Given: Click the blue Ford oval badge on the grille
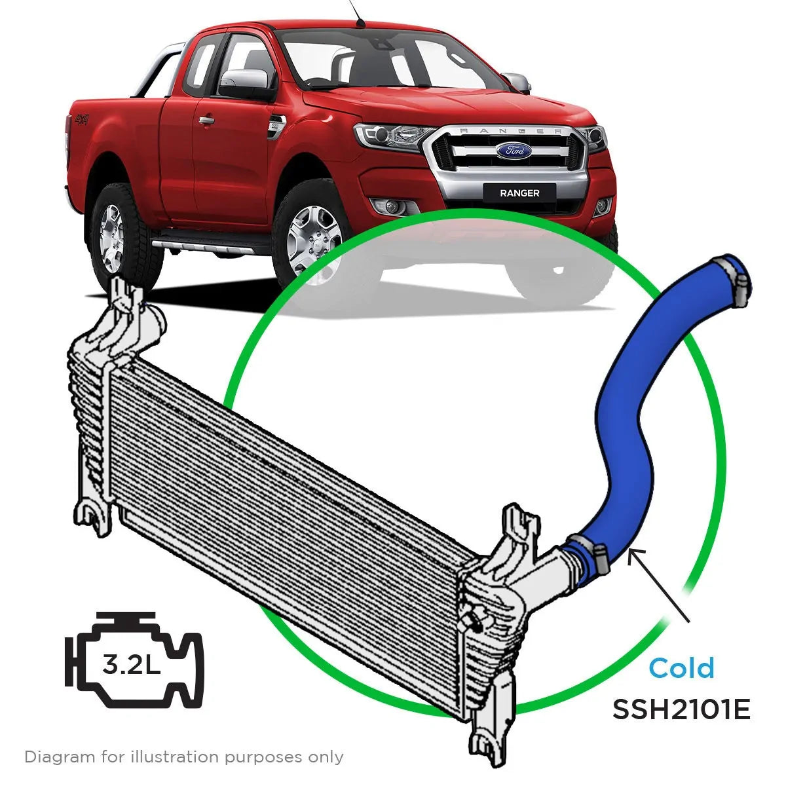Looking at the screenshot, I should [x=514, y=150].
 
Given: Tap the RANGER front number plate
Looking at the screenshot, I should [x=519, y=193].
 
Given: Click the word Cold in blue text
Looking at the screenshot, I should [x=681, y=668].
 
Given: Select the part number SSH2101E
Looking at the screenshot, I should [x=681, y=709].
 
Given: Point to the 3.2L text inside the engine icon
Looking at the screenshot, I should [x=132, y=665].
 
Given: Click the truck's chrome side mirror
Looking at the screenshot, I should [x=244, y=80].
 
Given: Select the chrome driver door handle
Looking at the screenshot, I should [x=206, y=120].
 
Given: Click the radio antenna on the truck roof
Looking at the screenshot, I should [x=356, y=13].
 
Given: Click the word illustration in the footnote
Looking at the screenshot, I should [x=175, y=757].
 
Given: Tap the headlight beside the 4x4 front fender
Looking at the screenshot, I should [x=388, y=135].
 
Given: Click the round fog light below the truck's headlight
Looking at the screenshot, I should [x=392, y=208].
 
